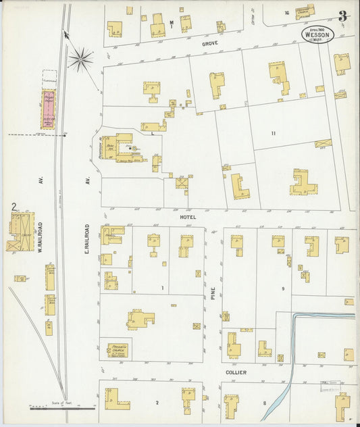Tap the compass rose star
(x=80, y=59)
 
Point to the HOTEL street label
(x=187, y=218)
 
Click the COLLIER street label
(x=236, y=372)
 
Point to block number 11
(x=272, y=134)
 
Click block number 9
(x=283, y=289)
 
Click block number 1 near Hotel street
(x=162, y=288)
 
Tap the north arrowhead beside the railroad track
(x=66, y=33)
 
